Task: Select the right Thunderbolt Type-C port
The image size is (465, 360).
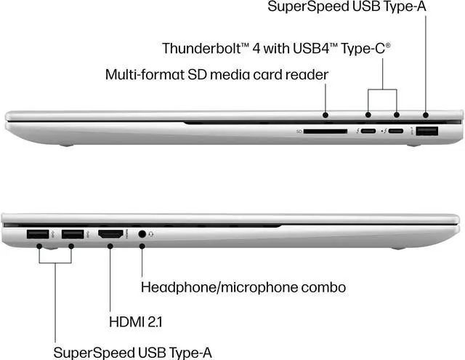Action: point(396,132)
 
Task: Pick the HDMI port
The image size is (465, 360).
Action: point(110,234)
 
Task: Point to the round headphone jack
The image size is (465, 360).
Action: point(142,234)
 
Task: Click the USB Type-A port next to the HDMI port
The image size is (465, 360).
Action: point(72,234)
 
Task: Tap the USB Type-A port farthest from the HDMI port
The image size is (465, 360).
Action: point(37,234)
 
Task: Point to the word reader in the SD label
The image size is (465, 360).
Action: point(310,74)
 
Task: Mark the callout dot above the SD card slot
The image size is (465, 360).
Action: point(326,114)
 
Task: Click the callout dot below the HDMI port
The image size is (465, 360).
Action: point(110,247)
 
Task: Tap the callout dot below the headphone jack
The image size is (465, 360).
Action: point(142,247)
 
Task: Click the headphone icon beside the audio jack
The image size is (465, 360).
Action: point(152,234)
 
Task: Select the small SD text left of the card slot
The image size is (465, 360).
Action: point(299,132)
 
